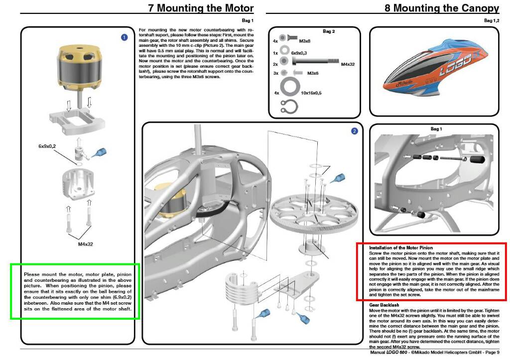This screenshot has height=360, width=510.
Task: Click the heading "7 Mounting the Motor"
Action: [201, 8]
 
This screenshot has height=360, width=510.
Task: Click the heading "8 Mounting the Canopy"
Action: [441, 8]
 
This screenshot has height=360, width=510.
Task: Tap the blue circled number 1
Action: [124, 37]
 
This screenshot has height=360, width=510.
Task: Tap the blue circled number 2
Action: [354, 131]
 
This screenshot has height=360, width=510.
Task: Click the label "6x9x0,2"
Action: [48, 146]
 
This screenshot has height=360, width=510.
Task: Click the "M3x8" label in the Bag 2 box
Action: [305, 41]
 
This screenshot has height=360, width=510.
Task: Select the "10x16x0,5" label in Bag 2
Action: [311, 93]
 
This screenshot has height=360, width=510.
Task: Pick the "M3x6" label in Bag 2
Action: [313, 73]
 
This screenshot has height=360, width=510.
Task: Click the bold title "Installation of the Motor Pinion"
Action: [401, 247]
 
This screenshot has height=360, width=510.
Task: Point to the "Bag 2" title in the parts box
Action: [328, 31]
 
